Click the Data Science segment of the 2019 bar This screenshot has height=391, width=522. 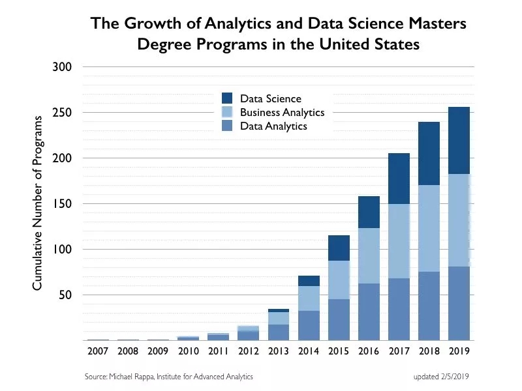pos(459,140)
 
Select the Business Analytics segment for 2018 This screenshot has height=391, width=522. pos(429,229)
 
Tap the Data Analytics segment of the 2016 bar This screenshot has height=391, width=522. pos(369,312)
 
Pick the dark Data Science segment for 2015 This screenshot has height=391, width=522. pos(339,248)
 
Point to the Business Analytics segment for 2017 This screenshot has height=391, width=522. pos(399,241)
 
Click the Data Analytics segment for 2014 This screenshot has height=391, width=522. pos(309,325)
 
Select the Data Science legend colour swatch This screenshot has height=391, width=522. pos(227,98)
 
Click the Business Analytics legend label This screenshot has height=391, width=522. pos(283,112)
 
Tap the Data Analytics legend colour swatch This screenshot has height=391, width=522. pos(227,125)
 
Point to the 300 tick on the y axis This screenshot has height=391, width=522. pos(62,67)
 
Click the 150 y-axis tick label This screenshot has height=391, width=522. pos(62,204)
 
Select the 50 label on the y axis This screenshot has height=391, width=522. pos(65,295)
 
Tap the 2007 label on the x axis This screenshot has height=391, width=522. pos(98,351)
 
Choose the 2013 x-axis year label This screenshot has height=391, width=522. pos(279,351)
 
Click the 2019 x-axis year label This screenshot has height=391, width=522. pos(459,351)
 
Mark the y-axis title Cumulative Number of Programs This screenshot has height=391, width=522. pos(37,203)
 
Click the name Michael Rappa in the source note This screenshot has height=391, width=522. pos(132,377)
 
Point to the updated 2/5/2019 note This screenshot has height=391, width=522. pos(441,377)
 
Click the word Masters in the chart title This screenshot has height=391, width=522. pos(437,23)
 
